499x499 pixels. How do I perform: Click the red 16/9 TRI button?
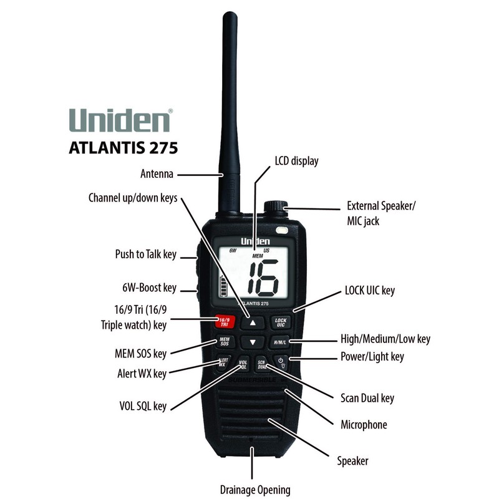click(x=223, y=322)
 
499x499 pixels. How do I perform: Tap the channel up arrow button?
click(x=251, y=322)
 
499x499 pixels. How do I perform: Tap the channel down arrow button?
click(x=251, y=342)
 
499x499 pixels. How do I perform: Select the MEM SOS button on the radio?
click(x=224, y=342)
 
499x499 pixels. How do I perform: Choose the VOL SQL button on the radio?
click(x=243, y=364)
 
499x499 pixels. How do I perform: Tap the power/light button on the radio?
click(x=281, y=362)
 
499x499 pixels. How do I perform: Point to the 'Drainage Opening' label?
click(x=254, y=490)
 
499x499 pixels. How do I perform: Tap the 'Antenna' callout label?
click(x=157, y=174)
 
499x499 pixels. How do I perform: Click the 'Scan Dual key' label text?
click(x=367, y=398)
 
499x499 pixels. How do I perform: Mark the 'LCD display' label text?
click(x=296, y=162)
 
